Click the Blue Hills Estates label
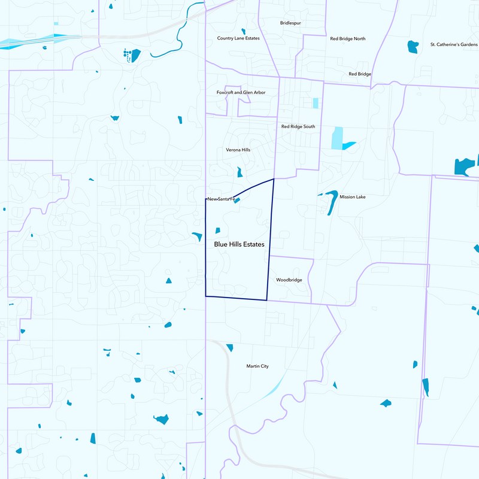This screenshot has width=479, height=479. pyautogui.click(x=239, y=244)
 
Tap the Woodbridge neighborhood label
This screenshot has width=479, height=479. pyautogui.click(x=289, y=280)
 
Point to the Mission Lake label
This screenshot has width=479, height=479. pyautogui.click(x=352, y=196)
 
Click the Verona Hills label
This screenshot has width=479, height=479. pyautogui.click(x=238, y=150)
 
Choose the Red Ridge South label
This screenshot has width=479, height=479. pyautogui.click(x=298, y=126)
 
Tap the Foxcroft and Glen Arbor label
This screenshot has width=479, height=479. pyautogui.click(x=241, y=92)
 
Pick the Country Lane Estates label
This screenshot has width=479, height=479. pyautogui.click(x=238, y=38)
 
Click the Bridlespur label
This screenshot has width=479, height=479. pyautogui.click(x=290, y=23)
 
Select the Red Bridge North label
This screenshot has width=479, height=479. pyautogui.click(x=347, y=38)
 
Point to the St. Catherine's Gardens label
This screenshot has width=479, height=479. pyautogui.click(x=454, y=44)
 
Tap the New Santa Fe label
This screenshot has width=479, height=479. pyautogui.click(x=222, y=198)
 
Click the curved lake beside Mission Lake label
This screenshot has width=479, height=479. pyautogui.click(x=331, y=201)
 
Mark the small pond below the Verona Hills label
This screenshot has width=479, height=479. pyautogui.click(x=239, y=172)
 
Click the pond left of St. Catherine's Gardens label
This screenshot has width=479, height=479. pyautogui.click(x=412, y=46)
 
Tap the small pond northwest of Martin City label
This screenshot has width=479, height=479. pyautogui.click(x=229, y=347)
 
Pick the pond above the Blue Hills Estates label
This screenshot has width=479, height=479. pyautogui.click(x=217, y=230)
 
